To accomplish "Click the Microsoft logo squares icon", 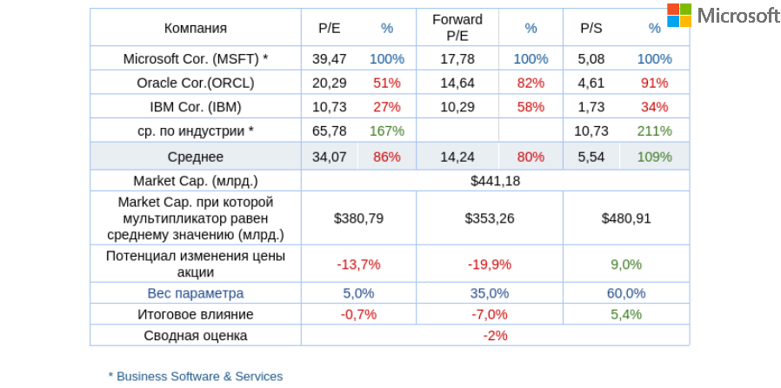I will tap(679, 15).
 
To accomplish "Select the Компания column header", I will tap(196, 28).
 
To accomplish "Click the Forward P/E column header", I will tap(457, 28).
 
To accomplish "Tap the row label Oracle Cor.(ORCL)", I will tap(196, 83).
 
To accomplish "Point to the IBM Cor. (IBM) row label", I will tap(196, 107).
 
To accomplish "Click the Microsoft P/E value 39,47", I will tap(330, 59).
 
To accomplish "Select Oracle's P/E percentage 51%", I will tap(387, 83).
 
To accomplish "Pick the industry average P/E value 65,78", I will tap(330, 130).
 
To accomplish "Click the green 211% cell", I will tap(654, 130).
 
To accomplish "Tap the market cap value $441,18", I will tap(495, 181).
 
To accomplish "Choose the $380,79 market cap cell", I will tap(358, 218).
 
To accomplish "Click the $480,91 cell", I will tap(626, 218).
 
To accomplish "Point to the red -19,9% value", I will tap(490, 264).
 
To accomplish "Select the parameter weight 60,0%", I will tap(626, 293).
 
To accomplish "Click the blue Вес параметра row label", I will tap(196, 293).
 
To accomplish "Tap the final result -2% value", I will tap(495, 335).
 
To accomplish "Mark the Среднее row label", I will tap(196, 157).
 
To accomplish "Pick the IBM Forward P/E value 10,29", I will tap(457, 107).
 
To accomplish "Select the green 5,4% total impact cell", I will tap(626, 314).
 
